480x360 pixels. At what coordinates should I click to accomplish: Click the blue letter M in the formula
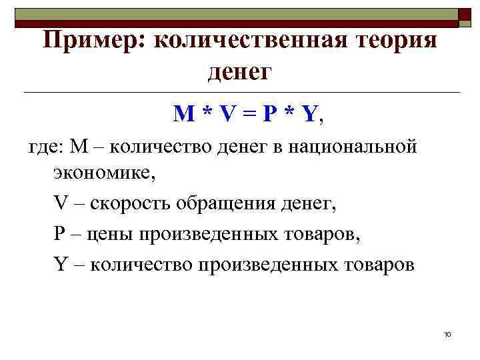pyautogui.click(x=184, y=115)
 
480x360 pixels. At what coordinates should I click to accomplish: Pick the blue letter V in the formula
pyautogui.click(x=228, y=115)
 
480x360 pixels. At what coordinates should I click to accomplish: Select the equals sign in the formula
pyautogui.click(x=249, y=115)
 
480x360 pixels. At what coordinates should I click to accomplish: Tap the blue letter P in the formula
pyautogui.click(x=269, y=115)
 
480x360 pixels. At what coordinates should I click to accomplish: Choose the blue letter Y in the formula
pyautogui.click(x=309, y=115)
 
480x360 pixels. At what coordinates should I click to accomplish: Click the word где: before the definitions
pyautogui.click(x=44, y=145)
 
